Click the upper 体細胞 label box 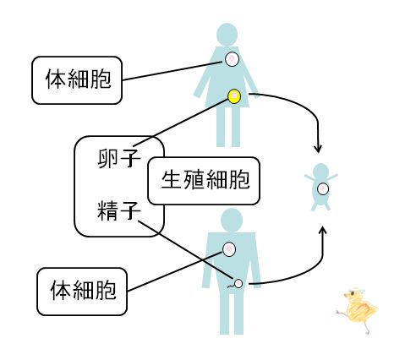pos(77,80)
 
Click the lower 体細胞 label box pos(82,292)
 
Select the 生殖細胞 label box pos(204,181)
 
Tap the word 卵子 pos(119,159)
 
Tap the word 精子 pos(119,210)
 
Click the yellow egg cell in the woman pos(234,96)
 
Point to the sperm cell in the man pos(236,284)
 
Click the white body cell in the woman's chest pos(232,59)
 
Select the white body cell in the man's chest pos(229,249)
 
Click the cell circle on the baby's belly pos(323,188)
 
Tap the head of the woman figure pos(227,35)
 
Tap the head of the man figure pos(232,220)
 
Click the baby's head pos(321,171)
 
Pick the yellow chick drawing pos(357,311)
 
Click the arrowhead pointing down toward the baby pos(318,150)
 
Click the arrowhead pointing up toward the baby pos(323,231)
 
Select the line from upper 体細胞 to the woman pos(172,71)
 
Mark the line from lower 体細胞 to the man pos(175,271)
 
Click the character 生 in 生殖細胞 pos(171,180)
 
